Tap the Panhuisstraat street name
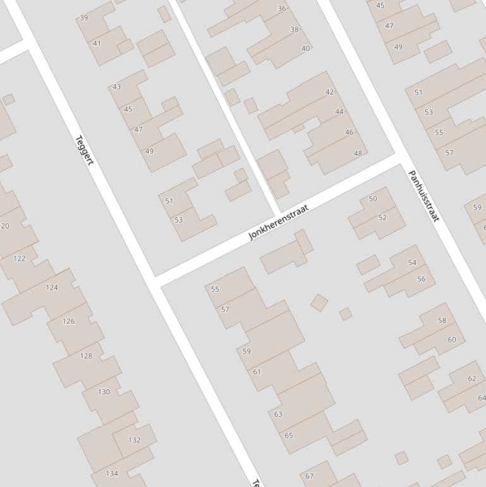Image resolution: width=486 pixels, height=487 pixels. click(423, 195)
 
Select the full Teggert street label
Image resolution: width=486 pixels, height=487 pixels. click(84, 151)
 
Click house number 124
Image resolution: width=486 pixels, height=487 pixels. click(52, 287)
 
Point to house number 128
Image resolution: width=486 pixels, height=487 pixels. click(86, 355)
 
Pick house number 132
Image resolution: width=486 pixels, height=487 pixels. click(134, 440)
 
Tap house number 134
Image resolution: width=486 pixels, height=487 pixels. click(112, 473)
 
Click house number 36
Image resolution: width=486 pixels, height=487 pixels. click(282, 8)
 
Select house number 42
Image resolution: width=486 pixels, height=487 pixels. click(329, 92)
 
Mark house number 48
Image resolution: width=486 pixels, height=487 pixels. click(358, 153)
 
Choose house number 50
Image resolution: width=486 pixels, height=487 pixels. click(373, 199)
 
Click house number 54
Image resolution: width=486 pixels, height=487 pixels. click(413, 262)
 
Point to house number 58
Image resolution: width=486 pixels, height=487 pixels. click(442, 321)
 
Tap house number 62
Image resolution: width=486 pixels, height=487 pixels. click(472, 378)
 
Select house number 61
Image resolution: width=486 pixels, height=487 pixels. click(257, 371)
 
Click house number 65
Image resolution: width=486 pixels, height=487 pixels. click(289, 435)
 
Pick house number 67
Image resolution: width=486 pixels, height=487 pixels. click(310, 476)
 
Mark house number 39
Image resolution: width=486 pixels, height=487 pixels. click(84, 18)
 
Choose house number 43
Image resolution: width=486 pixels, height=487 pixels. click(116, 87)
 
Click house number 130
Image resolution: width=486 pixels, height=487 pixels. click(104, 391)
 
